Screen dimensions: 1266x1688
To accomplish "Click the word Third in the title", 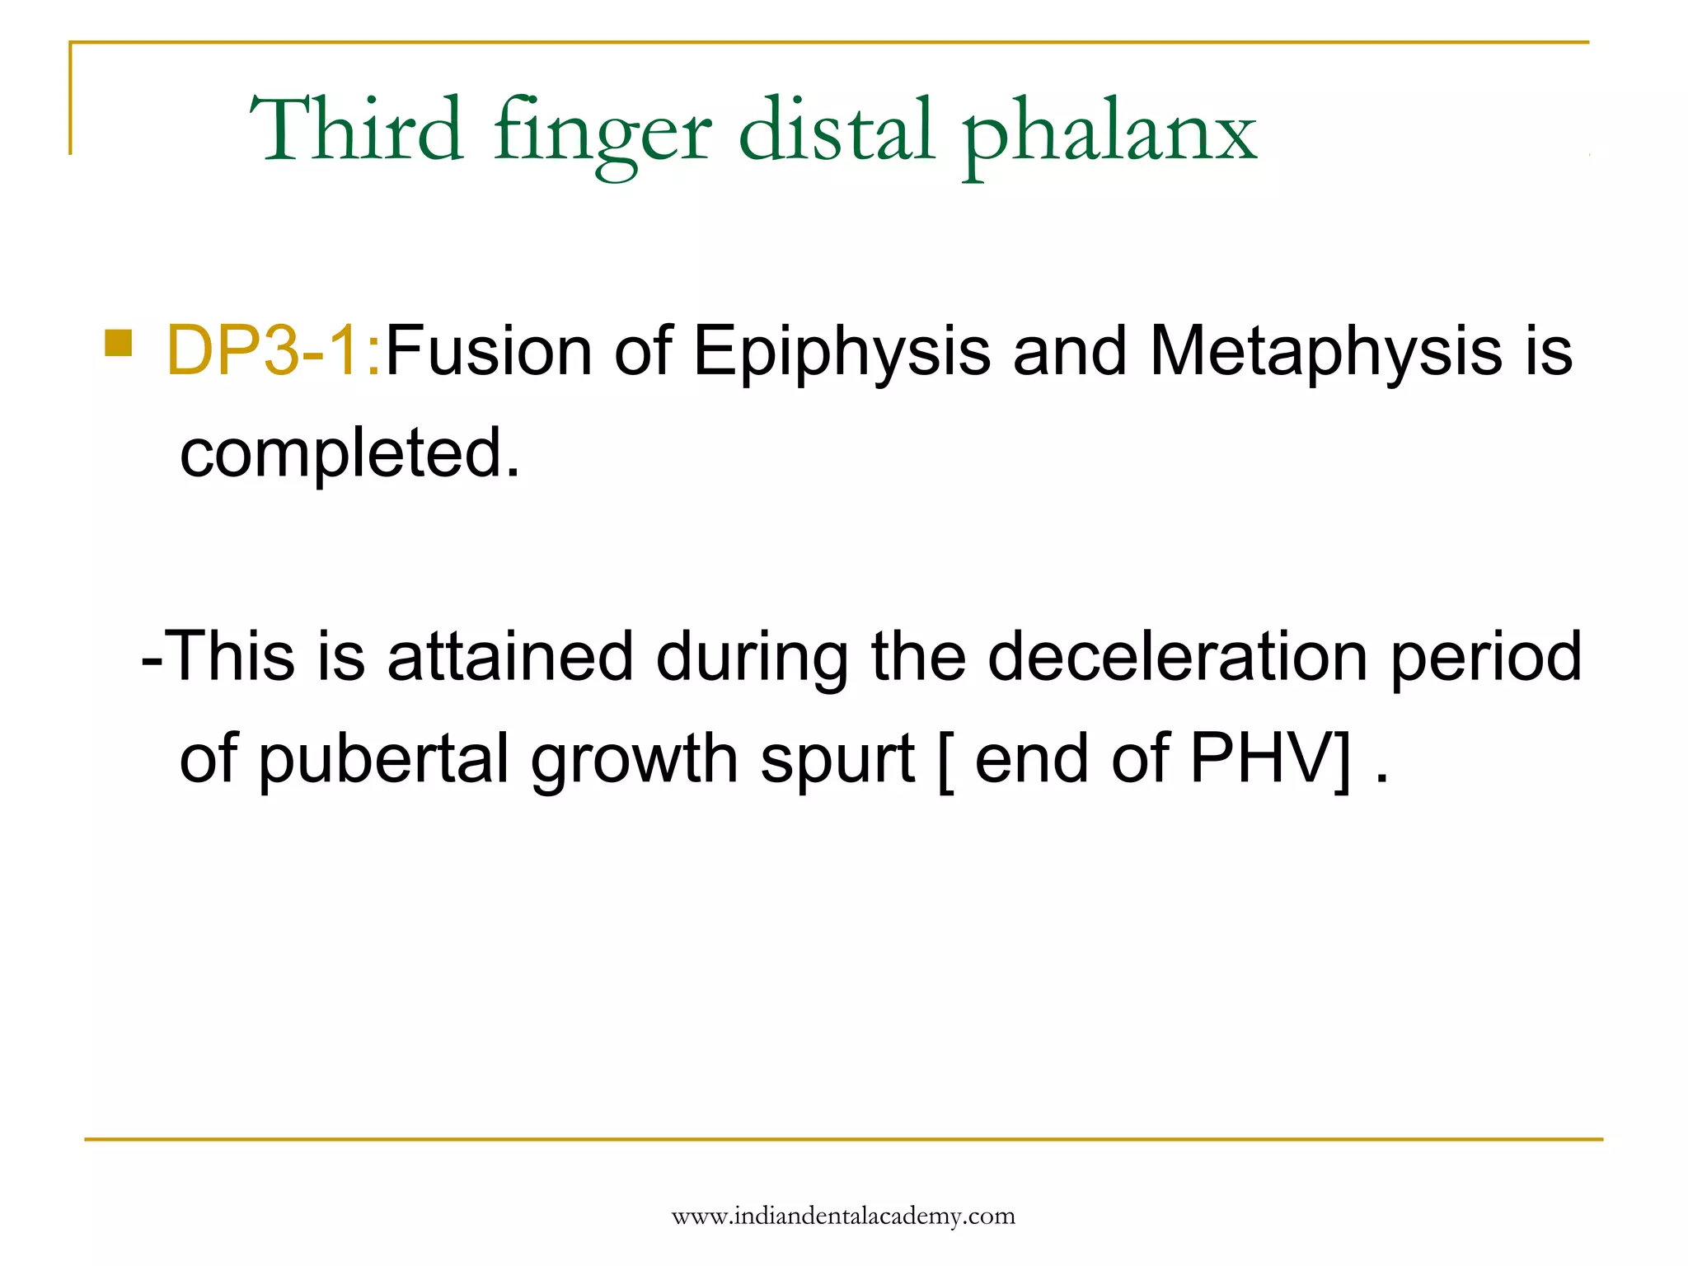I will pyautogui.click(x=356, y=129).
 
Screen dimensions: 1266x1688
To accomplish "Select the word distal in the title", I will pyautogui.click(x=837, y=129).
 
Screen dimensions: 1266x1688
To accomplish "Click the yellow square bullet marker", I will pyautogui.click(x=119, y=342).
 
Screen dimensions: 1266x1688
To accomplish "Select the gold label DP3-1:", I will pyautogui.click(x=274, y=351).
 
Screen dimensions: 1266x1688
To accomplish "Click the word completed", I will pyautogui.click(x=350, y=452).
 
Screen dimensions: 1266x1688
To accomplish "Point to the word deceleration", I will pyautogui.click(x=1178, y=657).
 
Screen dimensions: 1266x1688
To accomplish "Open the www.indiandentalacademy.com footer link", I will pyautogui.click(x=843, y=1216).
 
